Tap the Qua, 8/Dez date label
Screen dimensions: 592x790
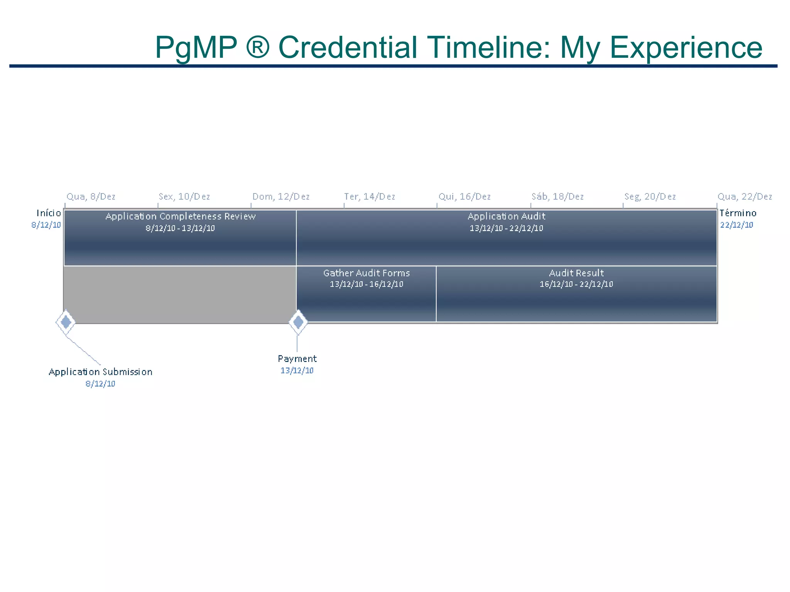pos(91,197)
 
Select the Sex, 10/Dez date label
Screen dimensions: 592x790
pos(184,197)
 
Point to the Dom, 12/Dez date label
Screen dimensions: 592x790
pos(281,197)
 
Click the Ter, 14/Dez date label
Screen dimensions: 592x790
pos(370,197)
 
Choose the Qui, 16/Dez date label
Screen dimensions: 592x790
pos(464,197)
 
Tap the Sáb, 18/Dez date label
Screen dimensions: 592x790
pos(557,197)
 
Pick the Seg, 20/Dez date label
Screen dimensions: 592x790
pos(650,197)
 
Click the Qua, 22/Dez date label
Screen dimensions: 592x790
pos(744,197)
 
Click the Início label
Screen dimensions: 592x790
pos(49,213)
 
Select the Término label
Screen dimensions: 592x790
pos(738,213)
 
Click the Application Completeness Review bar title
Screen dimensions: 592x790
pos(181,216)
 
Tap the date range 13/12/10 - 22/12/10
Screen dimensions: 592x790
pos(506,228)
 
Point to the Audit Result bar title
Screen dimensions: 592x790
pos(576,273)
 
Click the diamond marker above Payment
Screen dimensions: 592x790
pos(298,322)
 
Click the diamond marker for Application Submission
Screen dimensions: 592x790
pos(66,322)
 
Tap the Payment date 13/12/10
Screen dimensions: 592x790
pos(297,370)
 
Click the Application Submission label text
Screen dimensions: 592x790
pos(100,372)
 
